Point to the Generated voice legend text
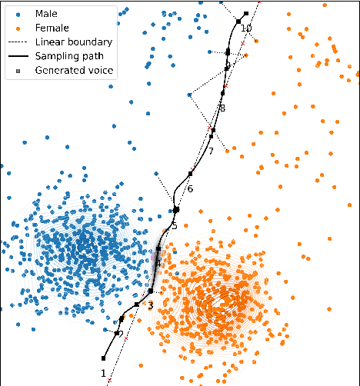(74, 70)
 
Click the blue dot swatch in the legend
(18, 14)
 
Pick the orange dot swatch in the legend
(18, 28)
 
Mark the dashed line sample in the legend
(18, 42)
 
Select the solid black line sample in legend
(18, 56)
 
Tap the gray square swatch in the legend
(18, 70)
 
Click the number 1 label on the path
(103, 373)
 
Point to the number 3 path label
(150, 306)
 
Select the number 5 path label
(175, 225)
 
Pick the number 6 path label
(190, 189)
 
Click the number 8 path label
(222, 108)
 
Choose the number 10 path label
(246, 28)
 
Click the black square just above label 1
(104, 358)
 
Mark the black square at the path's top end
(245, 14)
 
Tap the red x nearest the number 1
(110, 380)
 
